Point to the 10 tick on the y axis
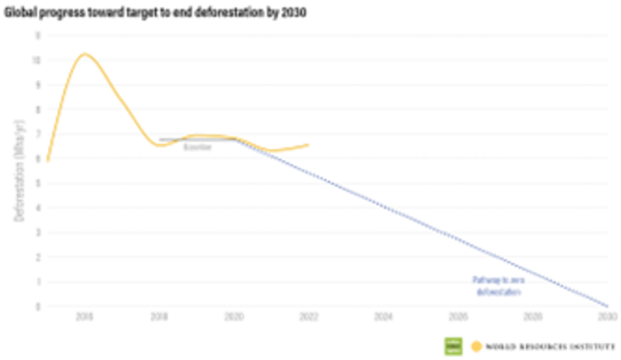tap(37, 60)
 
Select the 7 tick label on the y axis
tap(38, 134)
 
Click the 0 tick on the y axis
tap(38, 306)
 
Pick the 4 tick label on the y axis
tap(38, 208)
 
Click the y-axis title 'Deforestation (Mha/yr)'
tap(20, 183)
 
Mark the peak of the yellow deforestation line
tap(84, 54)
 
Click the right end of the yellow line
tap(308, 145)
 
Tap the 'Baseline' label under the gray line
tap(197, 148)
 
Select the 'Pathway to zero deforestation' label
tap(497, 286)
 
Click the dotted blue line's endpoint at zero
tap(607, 306)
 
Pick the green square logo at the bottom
tap(453, 346)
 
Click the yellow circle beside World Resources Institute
tap(476, 347)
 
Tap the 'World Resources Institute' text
tap(550, 347)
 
